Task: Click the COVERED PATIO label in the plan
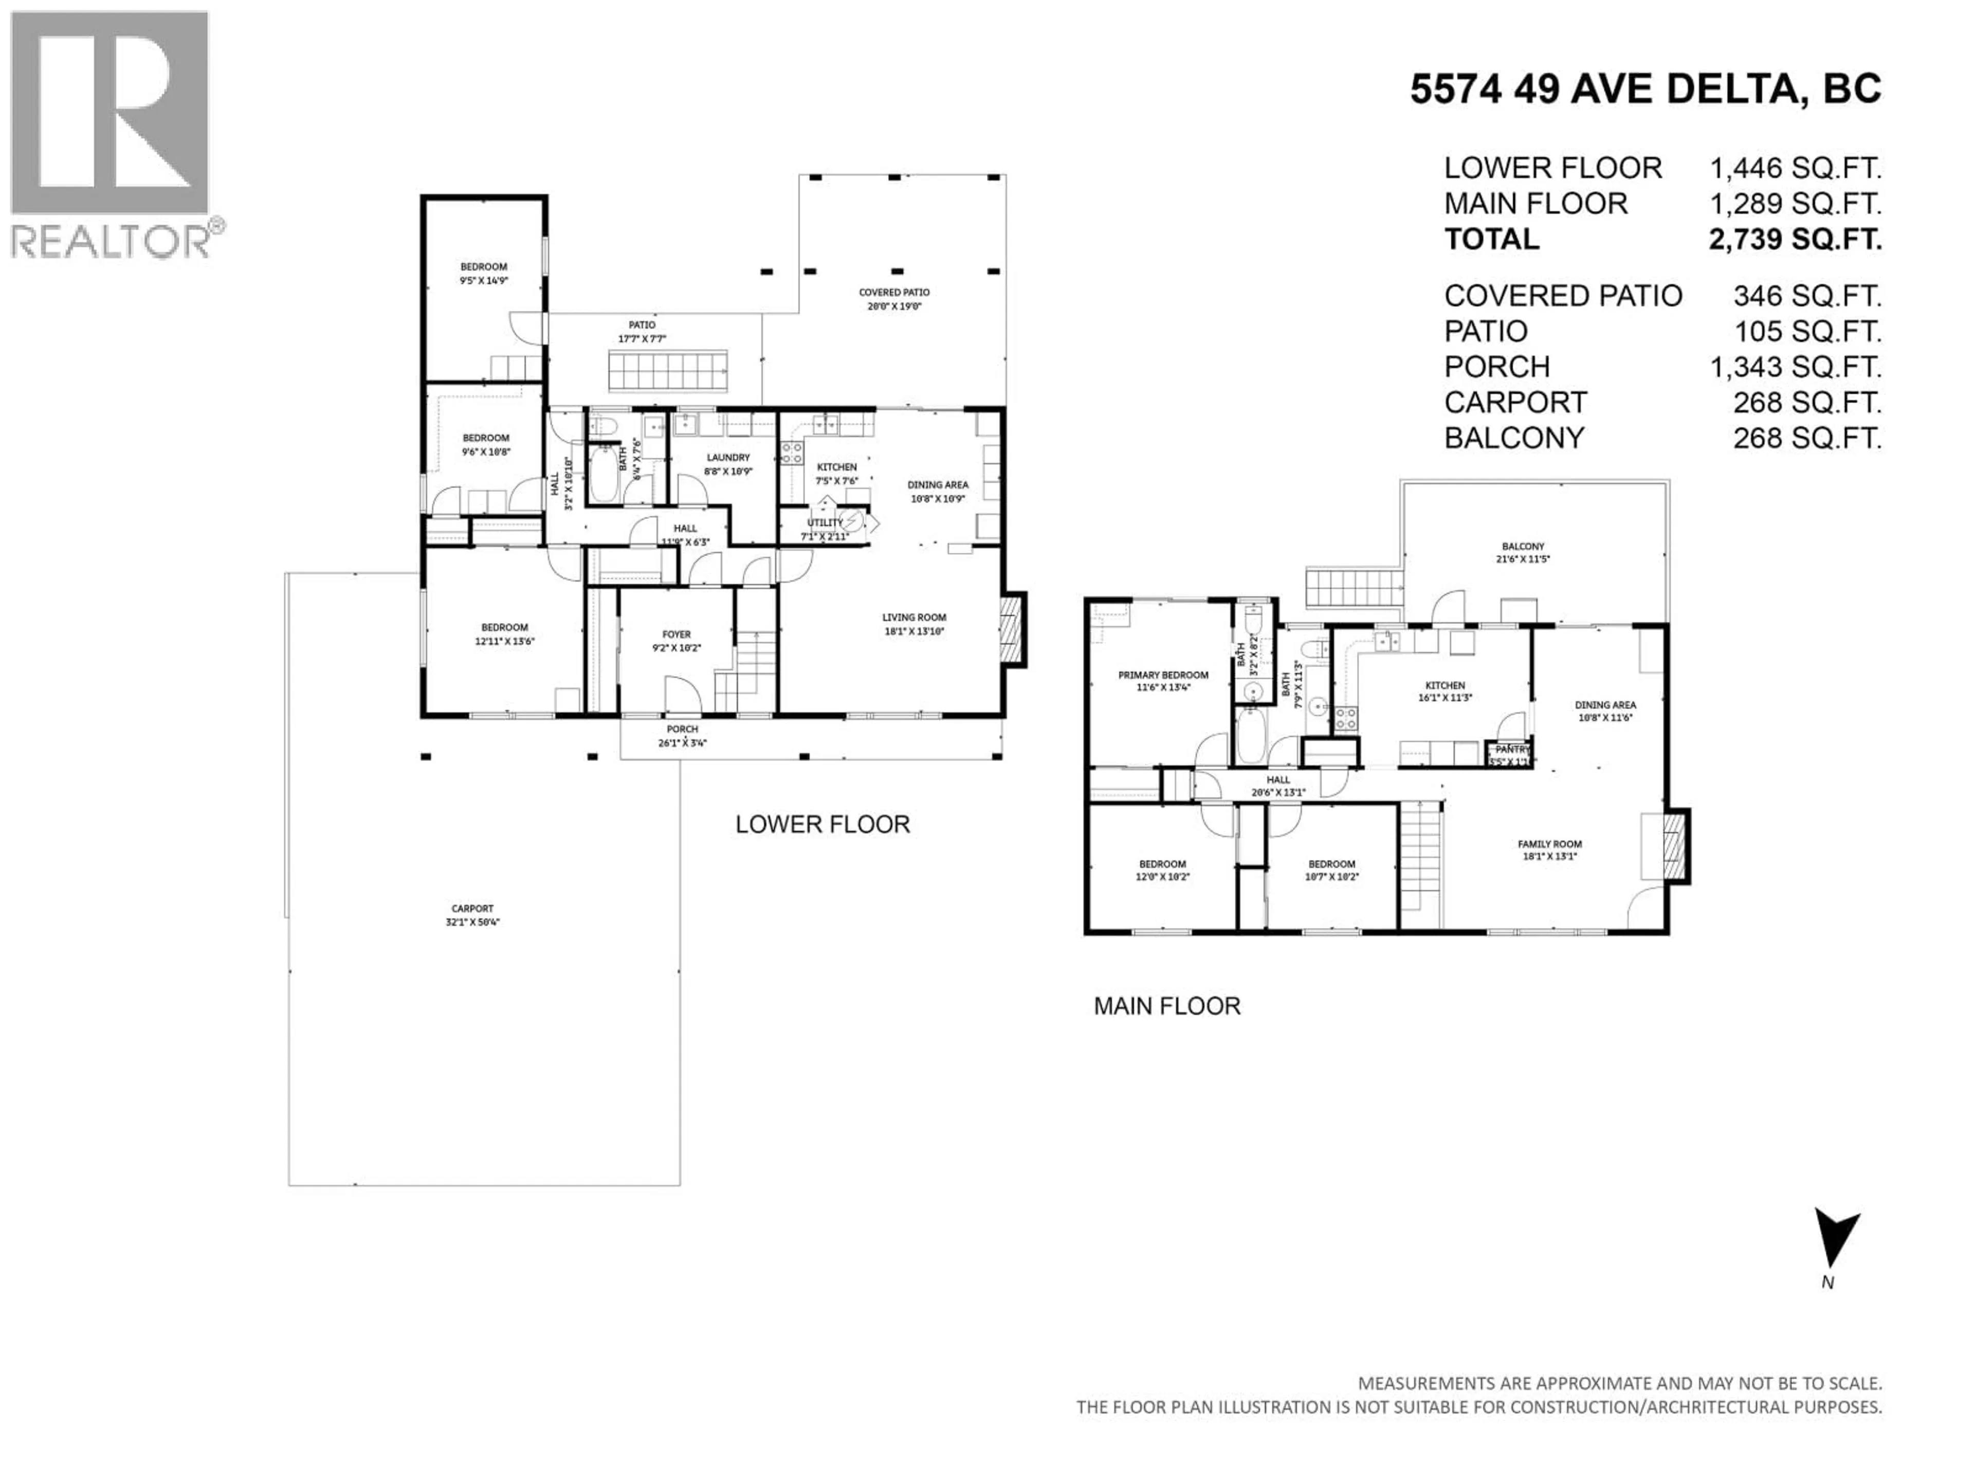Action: [893, 293]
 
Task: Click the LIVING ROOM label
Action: [914, 618]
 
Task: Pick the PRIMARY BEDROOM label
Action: [1163, 675]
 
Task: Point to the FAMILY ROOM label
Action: [1549, 844]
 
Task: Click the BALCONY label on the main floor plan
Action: [1523, 546]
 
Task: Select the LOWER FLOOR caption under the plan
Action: [822, 824]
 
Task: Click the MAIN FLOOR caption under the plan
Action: [1166, 1006]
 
